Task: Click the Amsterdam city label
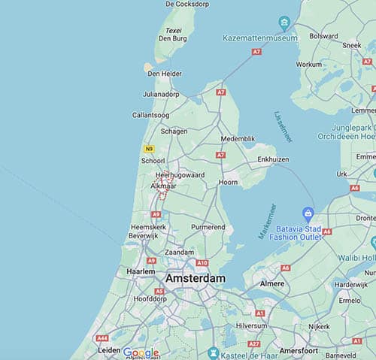pyautogui.click(x=195, y=278)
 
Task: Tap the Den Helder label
pyautogui.click(x=163, y=74)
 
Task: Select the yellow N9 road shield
pyautogui.click(x=149, y=149)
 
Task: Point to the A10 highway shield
pyautogui.click(x=202, y=263)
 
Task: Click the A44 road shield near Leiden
pyautogui.click(x=102, y=339)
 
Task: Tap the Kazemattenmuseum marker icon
pyautogui.click(x=285, y=21)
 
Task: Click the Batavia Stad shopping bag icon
pyautogui.click(x=307, y=213)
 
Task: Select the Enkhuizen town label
pyautogui.click(x=273, y=159)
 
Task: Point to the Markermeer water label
pyautogui.click(x=267, y=221)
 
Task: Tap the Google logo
pyautogui.click(x=141, y=352)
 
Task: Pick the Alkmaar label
pyautogui.click(x=163, y=185)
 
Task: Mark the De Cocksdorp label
pyautogui.click(x=187, y=4)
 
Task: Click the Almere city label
pyautogui.click(x=272, y=283)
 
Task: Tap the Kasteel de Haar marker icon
pyautogui.click(x=214, y=353)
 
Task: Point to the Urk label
pyautogui.click(x=342, y=174)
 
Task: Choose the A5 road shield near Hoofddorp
pyautogui.click(x=159, y=291)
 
